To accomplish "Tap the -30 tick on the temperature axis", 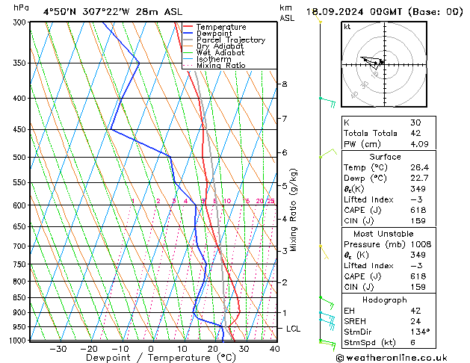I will coord(58,349).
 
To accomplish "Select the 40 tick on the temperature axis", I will coord(274,349).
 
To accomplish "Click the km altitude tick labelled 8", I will coord(284,84).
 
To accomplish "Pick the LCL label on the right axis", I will coord(294,329).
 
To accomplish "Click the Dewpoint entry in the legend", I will coord(212,34).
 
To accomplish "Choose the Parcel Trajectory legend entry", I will coord(230,40).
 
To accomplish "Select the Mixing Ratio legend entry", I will coord(220,66).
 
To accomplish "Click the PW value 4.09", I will coord(419,144).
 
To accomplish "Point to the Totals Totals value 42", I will coord(415,133).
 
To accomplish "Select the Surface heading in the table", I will coord(384,157).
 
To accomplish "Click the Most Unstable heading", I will coord(384,233).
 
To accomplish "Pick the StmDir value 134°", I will coord(421,332).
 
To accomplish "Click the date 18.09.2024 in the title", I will coord(339,12).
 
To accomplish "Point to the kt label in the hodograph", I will coord(347,26).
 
